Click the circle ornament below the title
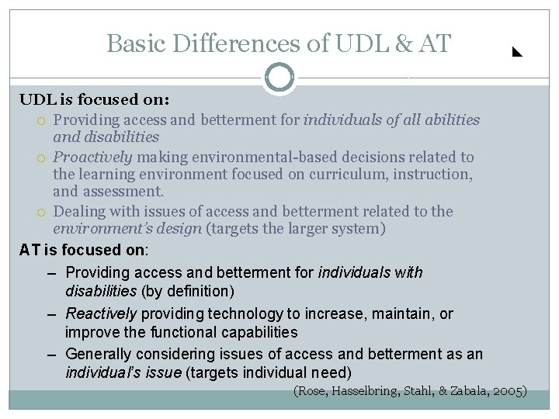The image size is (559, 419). (x=279, y=78)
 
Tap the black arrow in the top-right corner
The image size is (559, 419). (x=516, y=54)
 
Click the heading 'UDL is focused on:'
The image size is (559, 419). (x=95, y=101)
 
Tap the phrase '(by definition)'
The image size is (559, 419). (x=188, y=292)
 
